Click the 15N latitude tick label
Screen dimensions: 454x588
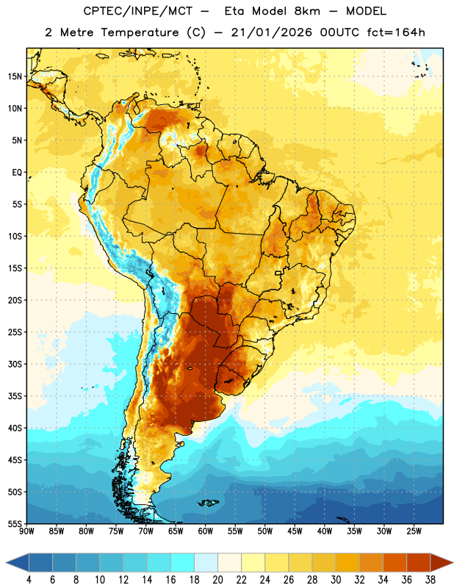pyautogui.click(x=15, y=76)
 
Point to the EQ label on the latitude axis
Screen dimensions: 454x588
pyautogui.click(x=17, y=173)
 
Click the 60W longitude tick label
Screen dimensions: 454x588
pyautogui.click(x=206, y=531)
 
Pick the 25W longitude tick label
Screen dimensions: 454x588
pyautogui.click(x=414, y=531)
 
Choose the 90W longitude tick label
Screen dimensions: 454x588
pyautogui.click(x=26, y=531)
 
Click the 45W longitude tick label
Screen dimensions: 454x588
pyautogui.click(x=295, y=531)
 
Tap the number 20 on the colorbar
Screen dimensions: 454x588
pyautogui.click(x=217, y=580)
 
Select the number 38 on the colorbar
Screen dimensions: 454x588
pyautogui.click(x=430, y=580)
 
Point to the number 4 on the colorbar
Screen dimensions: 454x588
pyautogui.click(x=29, y=580)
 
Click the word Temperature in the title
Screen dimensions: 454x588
pyautogui.click(x=140, y=32)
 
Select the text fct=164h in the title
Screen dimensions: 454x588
pyautogui.click(x=396, y=32)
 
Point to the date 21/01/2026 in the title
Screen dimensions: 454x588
pyautogui.click(x=271, y=32)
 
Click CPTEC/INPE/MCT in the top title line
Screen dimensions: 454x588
pyautogui.click(x=137, y=11)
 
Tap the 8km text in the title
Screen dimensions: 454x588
pyautogui.click(x=307, y=11)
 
